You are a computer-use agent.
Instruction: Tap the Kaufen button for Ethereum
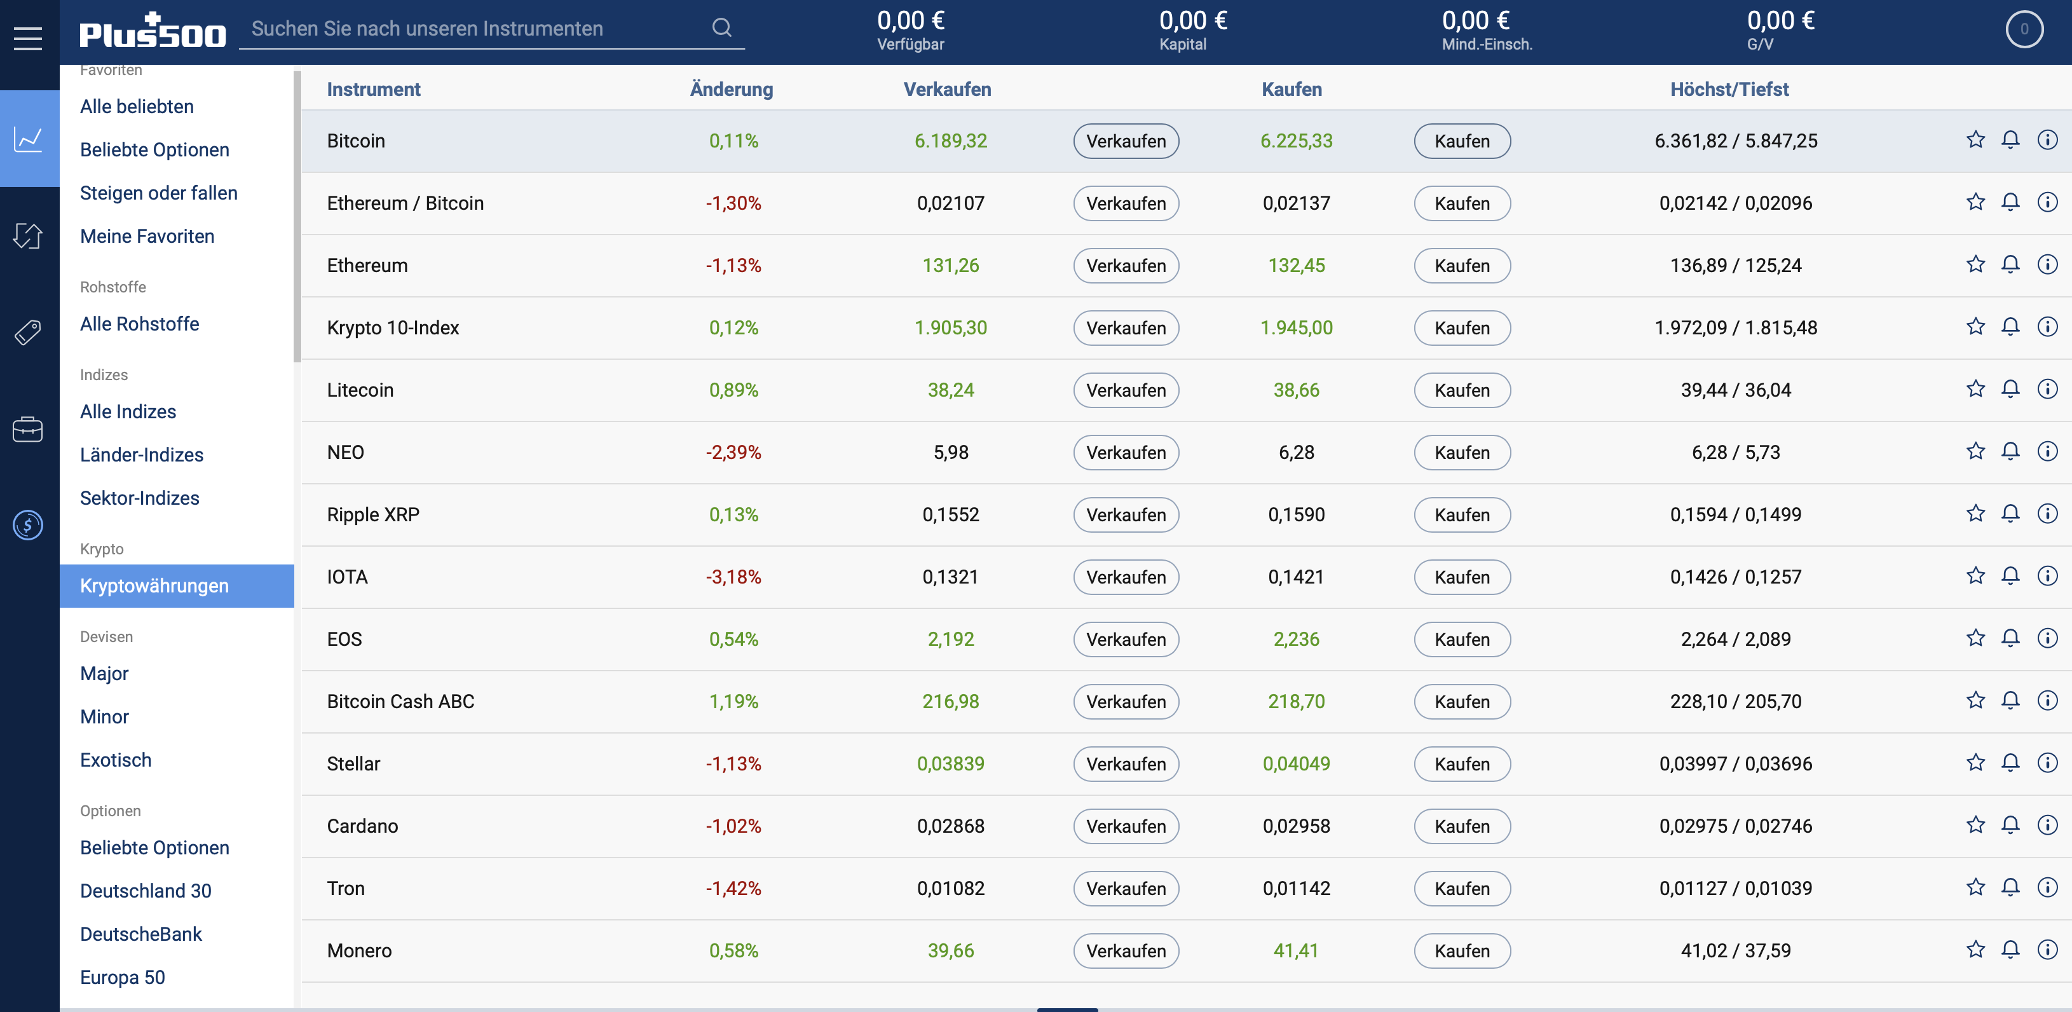coord(1461,266)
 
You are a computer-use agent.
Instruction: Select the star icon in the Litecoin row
coord(1975,390)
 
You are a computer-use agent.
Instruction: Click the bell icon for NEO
coord(2010,451)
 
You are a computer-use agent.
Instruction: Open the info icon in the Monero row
coord(2047,950)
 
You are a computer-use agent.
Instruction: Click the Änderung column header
coord(731,89)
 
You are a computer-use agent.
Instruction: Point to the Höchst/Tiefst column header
coord(1729,89)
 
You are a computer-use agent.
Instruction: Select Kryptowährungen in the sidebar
coord(154,585)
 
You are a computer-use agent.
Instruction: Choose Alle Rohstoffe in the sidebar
coord(140,324)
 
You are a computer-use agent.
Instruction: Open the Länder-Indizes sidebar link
coord(142,455)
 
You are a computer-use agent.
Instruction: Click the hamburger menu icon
coord(28,38)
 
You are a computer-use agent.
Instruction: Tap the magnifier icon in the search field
coord(721,28)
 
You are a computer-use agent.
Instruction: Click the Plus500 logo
coord(153,32)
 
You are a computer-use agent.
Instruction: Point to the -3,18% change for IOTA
coord(733,577)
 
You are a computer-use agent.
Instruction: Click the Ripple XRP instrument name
coord(373,514)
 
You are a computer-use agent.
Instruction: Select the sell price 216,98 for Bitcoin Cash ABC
coord(950,702)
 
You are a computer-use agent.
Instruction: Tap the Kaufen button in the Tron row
coord(1461,888)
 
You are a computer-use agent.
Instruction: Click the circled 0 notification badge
coord(2024,30)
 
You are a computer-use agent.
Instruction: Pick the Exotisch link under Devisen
coord(116,760)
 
